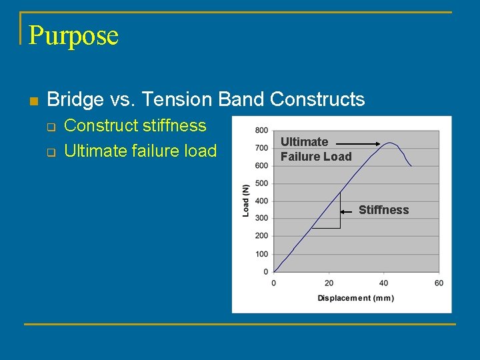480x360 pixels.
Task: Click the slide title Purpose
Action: (x=73, y=35)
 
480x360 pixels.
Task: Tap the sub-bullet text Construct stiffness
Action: (x=135, y=125)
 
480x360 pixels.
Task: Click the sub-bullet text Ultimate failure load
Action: (x=140, y=151)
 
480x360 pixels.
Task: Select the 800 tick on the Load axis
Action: (x=262, y=130)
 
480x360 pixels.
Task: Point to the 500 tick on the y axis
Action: (x=262, y=183)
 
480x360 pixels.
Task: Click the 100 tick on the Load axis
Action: (x=262, y=254)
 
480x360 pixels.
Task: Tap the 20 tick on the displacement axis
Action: (x=329, y=283)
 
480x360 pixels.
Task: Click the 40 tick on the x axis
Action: (x=384, y=283)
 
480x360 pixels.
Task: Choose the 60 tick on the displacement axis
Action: (x=439, y=283)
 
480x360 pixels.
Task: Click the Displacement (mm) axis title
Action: (x=355, y=298)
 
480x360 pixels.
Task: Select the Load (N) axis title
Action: (x=246, y=201)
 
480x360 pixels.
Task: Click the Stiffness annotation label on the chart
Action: (x=383, y=210)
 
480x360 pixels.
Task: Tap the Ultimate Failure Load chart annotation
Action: (x=315, y=149)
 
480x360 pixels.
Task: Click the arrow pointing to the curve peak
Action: (x=357, y=143)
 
